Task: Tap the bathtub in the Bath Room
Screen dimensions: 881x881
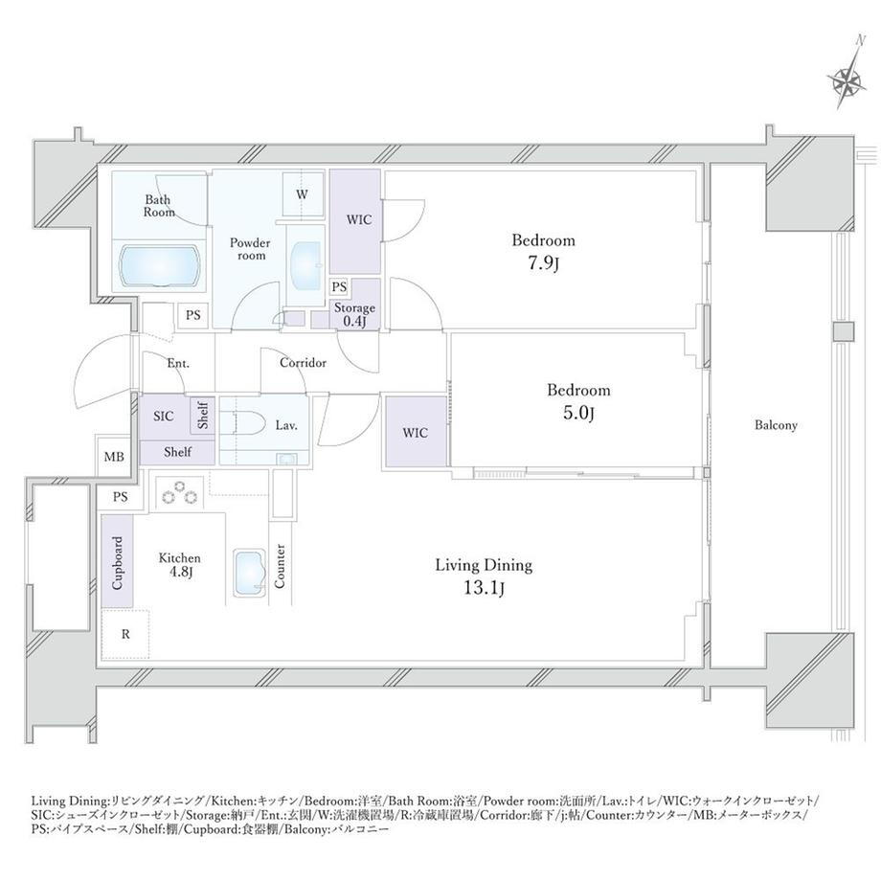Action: point(160,265)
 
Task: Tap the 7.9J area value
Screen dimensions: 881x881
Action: point(543,263)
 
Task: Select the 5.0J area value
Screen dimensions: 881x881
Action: point(578,413)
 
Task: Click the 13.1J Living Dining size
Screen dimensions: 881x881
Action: point(485,588)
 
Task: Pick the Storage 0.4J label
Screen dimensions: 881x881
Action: point(354,314)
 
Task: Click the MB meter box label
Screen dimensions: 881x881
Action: point(114,457)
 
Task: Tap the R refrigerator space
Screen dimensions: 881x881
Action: point(125,634)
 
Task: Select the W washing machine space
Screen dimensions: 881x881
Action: point(303,195)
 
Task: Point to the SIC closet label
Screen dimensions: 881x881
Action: point(164,417)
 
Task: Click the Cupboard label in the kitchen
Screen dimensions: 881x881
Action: point(118,562)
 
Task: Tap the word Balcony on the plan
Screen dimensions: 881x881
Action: point(776,425)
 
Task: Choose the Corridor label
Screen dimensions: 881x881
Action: point(303,363)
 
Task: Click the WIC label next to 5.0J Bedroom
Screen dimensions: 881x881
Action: point(416,433)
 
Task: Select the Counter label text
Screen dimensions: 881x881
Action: point(280,566)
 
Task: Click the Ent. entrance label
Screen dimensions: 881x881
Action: point(178,364)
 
